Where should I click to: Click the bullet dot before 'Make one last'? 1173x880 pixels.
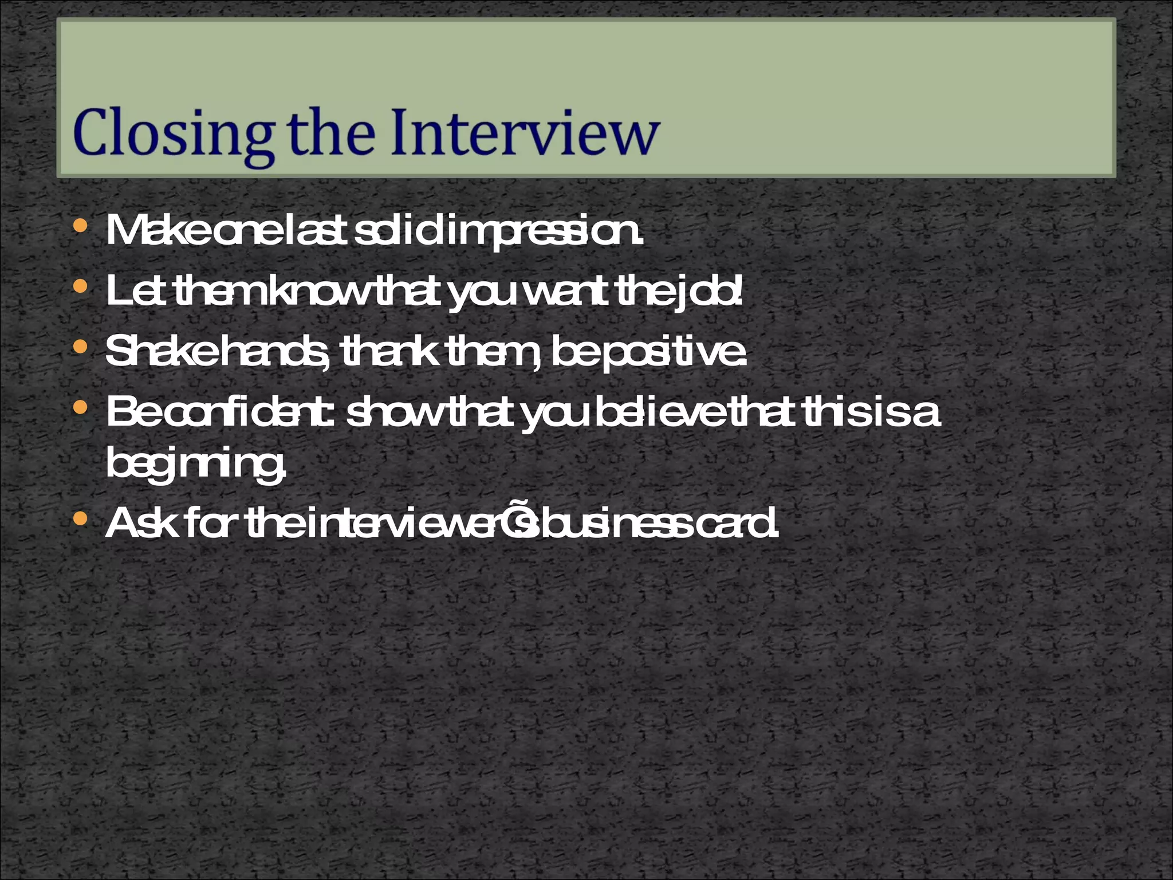pyautogui.click(x=81, y=226)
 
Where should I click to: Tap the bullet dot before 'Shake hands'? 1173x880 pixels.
pyautogui.click(x=81, y=347)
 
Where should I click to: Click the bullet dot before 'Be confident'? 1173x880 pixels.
pyautogui.click(x=81, y=407)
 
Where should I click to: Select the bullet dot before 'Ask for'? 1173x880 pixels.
pyautogui.click(x=81, y=519)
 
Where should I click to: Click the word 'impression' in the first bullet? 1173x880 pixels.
pyautogui.click(x=541, y=232)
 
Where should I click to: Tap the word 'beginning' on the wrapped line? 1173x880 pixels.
pyautogui.click(x=195, y=464)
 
